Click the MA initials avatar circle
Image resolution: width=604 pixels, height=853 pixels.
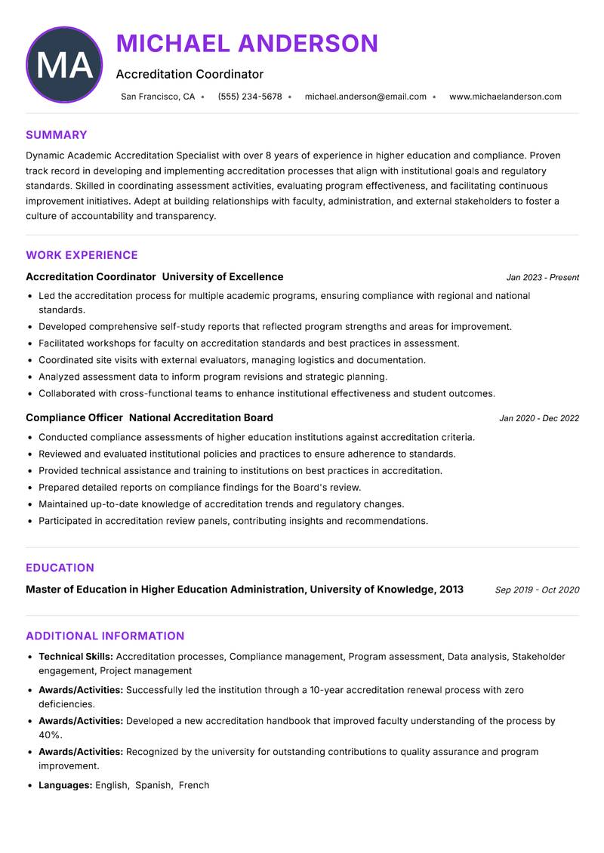(64, 65)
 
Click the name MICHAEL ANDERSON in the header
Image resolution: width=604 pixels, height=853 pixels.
(247, 44)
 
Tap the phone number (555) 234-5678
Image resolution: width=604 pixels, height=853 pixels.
(250, 97)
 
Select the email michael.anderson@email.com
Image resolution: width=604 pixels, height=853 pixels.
(365, 97)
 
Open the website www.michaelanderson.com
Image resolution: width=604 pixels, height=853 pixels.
(505, 97)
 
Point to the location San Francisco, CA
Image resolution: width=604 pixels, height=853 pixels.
(158, 97)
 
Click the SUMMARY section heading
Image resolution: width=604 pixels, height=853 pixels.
(57, 135)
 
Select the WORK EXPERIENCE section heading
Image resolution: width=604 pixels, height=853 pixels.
(82, 255)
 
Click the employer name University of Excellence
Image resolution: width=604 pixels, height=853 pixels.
(223, 277)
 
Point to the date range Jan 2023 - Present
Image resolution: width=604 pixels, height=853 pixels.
(542, 278)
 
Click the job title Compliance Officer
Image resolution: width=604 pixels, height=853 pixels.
(74, 417)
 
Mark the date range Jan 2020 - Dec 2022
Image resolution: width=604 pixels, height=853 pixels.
(539, 418)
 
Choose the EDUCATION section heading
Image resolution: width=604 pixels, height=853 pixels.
(60, 568)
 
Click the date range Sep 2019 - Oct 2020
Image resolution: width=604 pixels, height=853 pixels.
(537, 590)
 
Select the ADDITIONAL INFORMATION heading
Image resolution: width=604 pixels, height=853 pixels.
(105, 636)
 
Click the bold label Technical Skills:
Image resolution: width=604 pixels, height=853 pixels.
(75, 657)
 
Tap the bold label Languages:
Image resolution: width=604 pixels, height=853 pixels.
(65, 785)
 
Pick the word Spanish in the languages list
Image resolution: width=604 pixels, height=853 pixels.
(153, 785)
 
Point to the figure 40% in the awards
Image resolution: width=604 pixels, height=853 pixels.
(50, 734)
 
